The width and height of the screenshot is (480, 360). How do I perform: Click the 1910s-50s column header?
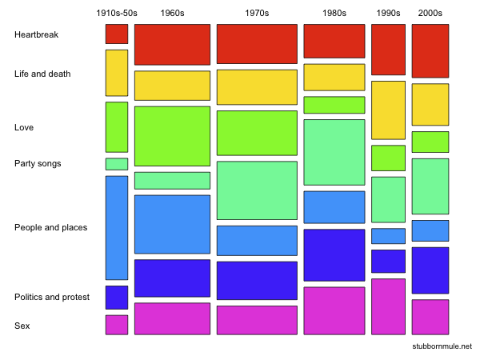pos(116,14)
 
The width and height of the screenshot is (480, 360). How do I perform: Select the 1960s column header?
pos(172,14)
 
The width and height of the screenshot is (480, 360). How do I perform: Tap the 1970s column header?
pos(257,14)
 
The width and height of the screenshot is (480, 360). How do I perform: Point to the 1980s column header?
pos(334,14)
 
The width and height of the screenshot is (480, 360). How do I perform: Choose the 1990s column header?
pos(388,14)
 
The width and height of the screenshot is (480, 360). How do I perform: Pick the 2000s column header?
pos(430,14)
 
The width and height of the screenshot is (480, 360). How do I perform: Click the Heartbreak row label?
pos(36,35)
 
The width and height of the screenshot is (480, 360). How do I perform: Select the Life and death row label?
pos(42,74)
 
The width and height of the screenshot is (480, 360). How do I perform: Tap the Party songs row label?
pos(38,163)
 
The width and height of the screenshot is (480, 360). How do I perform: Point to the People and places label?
pos(50,227)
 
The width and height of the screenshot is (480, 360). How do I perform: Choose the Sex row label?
pos(22,326)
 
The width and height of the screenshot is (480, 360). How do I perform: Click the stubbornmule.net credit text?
pos(442,346)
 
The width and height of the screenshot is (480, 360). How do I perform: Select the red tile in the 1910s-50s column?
pos(117,34)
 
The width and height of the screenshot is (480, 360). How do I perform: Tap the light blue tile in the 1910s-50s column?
pos(117,227)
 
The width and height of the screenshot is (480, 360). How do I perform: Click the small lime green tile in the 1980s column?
pos(334,105)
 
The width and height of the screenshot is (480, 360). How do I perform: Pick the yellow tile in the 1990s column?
pos(388,110)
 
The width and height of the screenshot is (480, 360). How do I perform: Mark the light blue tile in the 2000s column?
pos(430,230)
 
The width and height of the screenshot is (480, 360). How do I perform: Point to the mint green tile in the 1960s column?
pos(172,180)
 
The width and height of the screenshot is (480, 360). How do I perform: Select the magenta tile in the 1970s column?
pos(257,319)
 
